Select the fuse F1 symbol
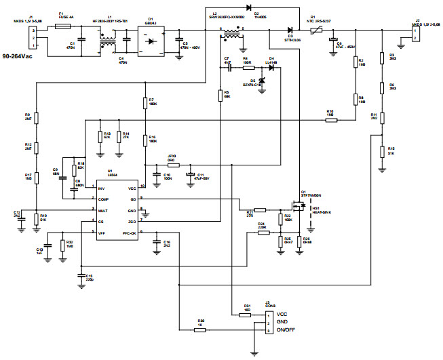point(62,26)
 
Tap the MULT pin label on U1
point(102,210)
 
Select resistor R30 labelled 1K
point(201,330)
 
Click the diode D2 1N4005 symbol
point(255,7)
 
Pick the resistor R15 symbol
point(382,151)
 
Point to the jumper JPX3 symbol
point(172,165)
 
